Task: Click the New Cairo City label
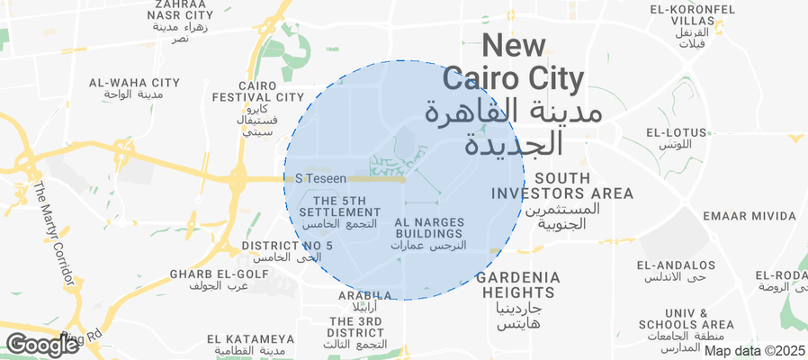coord(514,94)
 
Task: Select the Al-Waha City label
coord(135,88)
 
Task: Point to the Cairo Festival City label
coord(258,108)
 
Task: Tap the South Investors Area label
coord(562,200)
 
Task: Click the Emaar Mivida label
coord(750,216)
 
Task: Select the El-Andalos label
coord(676,271)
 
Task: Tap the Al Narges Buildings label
coord(428,233)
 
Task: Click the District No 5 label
coord(287,251)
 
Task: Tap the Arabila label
coord(364,301)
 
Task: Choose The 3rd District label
coord(357,332)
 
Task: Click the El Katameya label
coord(251,344)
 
